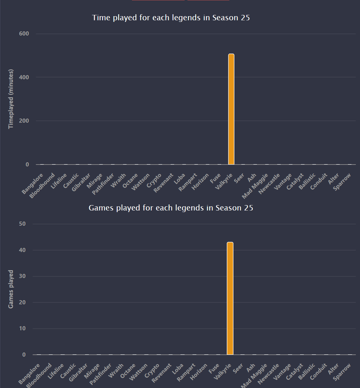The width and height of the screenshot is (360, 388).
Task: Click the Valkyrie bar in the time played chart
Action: tap(231, 109)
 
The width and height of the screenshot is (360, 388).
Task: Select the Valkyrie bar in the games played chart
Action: tap(230, 298)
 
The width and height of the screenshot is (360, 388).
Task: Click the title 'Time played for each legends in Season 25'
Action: tap(171, 18)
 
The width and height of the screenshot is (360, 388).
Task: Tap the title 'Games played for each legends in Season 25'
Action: tap(171, 208)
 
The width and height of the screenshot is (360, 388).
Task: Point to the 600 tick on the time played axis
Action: tap(24, 34)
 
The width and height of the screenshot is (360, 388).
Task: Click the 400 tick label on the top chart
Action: tap(24, 77)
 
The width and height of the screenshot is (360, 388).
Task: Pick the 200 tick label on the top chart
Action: tap(24, 121)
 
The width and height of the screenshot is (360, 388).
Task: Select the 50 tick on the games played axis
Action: tap(22, 224)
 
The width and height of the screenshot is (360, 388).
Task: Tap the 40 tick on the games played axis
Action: tap(22, 250)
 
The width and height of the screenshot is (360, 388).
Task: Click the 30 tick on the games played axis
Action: tap(22, 276)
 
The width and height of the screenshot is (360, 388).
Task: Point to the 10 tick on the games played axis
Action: tap(22, 328)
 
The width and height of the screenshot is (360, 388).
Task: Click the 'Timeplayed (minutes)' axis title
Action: tap(11, 99)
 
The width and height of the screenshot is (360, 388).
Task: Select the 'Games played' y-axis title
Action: tap(11, 289)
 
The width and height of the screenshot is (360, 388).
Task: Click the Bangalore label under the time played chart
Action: tap(33, 184)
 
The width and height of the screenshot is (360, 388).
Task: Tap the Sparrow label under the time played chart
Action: tap(342, 182)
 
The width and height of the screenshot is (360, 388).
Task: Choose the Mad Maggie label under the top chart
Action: tap(255, 186)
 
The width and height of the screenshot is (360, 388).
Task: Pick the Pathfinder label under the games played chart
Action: tap(101, 374)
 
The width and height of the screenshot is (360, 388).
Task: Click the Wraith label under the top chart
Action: tap(119, 180)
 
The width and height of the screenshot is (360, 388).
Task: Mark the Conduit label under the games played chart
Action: tap(318, 372)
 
